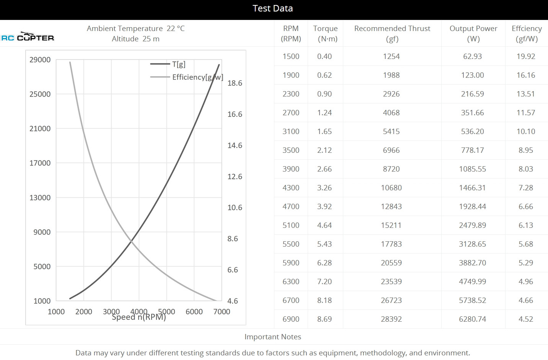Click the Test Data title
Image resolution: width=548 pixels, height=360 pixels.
click(272, 8)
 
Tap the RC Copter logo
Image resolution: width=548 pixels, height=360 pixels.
click(28, 37)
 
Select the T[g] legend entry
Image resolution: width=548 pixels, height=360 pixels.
click(178, 64)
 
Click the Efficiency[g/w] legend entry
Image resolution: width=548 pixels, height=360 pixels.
click(197, 77)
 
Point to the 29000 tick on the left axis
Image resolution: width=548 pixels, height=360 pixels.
click(40, 59)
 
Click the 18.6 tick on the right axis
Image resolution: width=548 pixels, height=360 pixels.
click(235, 83)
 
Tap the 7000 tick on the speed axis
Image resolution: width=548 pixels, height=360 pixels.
click(222, 311)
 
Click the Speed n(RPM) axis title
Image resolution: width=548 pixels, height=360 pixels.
click(139, 317)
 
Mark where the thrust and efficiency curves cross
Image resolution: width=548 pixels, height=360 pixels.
click(131, 241)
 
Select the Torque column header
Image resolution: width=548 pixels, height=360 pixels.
click(325, 33)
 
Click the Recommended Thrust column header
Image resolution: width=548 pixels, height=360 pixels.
click(392, 33)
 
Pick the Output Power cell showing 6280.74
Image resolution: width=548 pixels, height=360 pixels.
click(472, 319)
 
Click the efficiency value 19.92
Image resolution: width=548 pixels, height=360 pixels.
click(525, 56)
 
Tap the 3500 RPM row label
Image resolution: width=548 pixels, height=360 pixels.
click(291, 150)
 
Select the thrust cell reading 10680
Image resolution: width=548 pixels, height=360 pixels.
click(391, 188)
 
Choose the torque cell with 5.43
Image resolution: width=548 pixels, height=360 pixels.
click(324, 244)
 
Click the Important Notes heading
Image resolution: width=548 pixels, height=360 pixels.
click(272, 337)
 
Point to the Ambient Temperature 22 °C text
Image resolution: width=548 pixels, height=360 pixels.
click(135, 28)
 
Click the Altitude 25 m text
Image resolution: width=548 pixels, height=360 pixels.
click(135, 39)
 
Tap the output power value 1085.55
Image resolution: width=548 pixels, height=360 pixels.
click(472, 169)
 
